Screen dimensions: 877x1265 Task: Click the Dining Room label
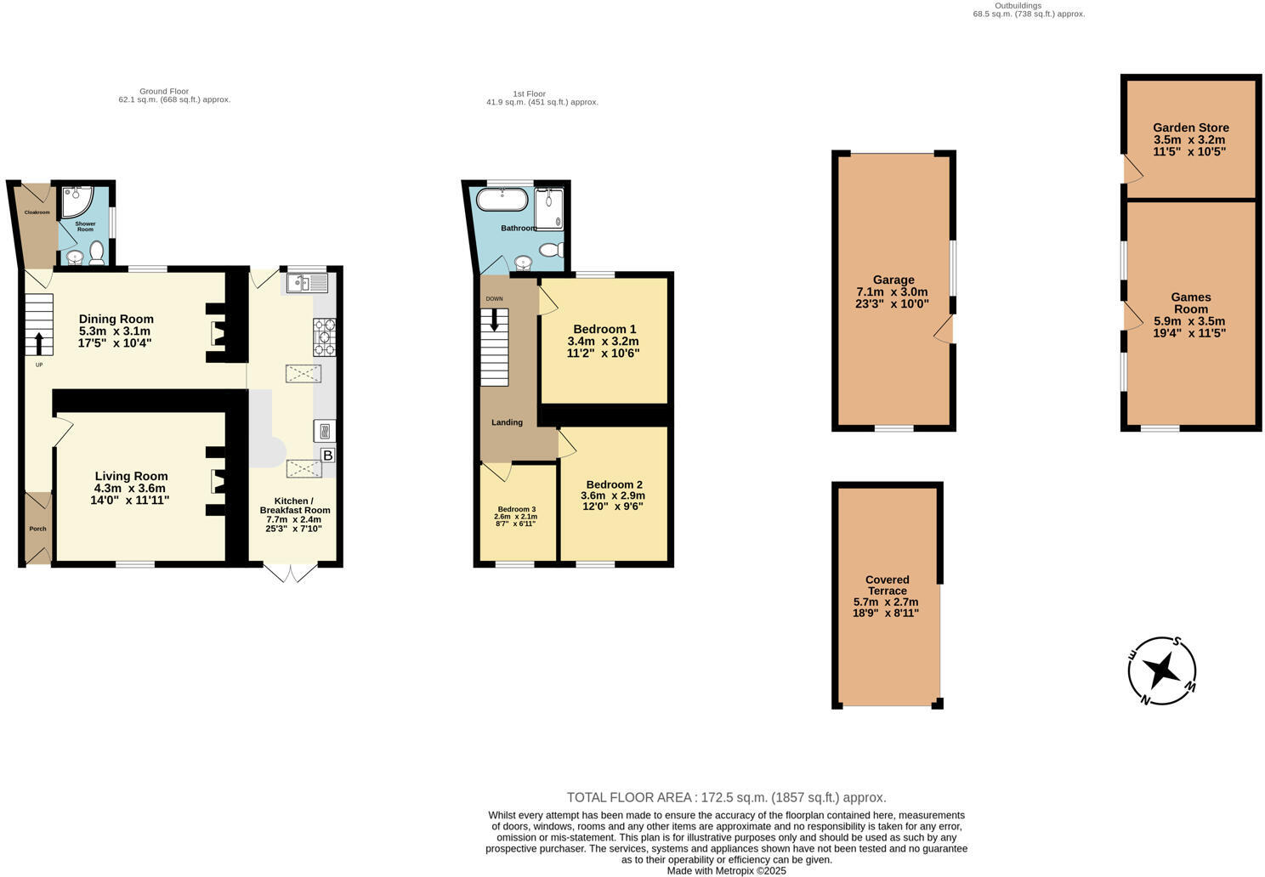point(116,320)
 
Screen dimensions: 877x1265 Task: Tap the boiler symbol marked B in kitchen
point(327,455)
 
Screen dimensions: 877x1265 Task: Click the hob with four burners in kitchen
point(324,337)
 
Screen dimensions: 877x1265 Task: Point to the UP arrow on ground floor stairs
point(39,342)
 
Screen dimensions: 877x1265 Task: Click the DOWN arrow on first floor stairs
point(494,321)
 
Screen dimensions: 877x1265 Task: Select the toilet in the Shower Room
point(97,252)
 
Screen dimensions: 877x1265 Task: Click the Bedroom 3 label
point(516,509)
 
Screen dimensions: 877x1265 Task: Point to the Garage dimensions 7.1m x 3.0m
point(893,291)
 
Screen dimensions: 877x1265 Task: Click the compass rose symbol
point(1162,670)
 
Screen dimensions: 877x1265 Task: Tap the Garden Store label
point(1190,127)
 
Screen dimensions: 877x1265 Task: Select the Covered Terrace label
point(888,585)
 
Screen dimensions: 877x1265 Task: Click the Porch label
point(37,529)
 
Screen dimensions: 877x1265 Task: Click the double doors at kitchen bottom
point(291,574)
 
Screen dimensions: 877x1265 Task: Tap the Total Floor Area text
point(726,797)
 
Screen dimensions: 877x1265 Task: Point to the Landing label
point(507,422)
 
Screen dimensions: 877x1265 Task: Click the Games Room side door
point(1131,315)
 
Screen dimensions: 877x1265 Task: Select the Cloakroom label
point(37,212)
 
